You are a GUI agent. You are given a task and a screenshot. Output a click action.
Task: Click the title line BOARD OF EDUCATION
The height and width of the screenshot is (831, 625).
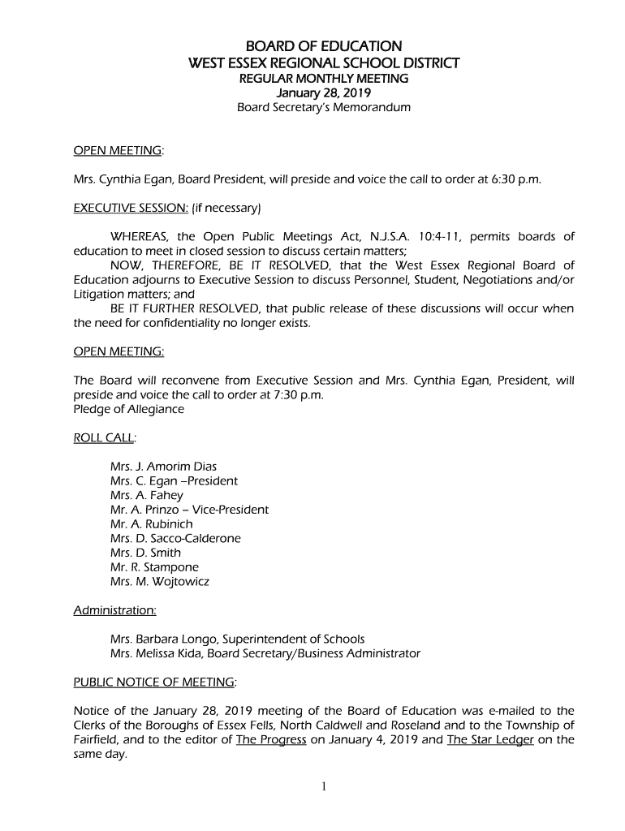pos(323,46)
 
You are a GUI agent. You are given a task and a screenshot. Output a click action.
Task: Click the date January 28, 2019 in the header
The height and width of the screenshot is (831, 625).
pos(323,93)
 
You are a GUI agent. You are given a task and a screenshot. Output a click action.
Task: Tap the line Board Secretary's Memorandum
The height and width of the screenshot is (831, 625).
pos(323,107)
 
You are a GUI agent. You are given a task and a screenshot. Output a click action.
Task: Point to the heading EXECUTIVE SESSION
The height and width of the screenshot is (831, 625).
pos(131,208)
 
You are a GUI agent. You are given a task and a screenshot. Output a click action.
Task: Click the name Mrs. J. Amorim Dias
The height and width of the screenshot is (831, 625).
pos(163,467)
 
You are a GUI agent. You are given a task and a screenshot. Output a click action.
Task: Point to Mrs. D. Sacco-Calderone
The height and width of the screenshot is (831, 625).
pos(175,539)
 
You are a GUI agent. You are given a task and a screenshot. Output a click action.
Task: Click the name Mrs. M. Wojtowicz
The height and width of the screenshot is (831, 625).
pos(159,582)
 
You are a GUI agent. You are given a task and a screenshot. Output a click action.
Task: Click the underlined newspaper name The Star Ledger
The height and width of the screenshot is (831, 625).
pos(489,740)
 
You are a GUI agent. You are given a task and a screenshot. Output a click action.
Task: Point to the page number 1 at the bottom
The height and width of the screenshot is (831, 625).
pos(323,786)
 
